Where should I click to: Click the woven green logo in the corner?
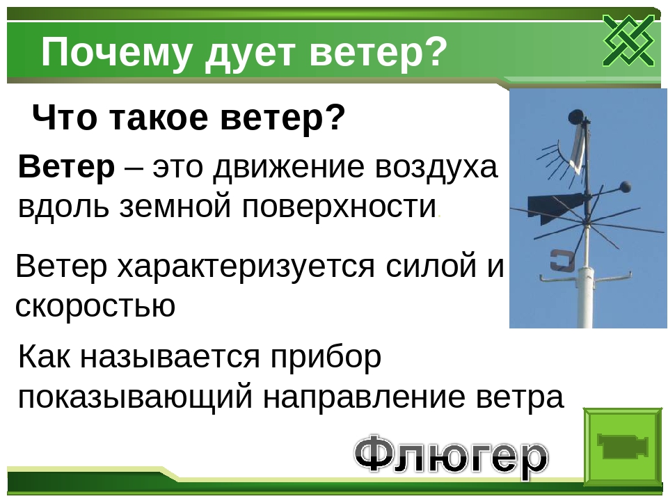point(628,40)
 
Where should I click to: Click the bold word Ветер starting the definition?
point(67,166)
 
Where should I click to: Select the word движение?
point(288,167)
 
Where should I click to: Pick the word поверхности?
point(340,207)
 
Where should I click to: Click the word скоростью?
point(95,305)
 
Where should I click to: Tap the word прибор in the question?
point(326,358)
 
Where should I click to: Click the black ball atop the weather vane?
point(576,116)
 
